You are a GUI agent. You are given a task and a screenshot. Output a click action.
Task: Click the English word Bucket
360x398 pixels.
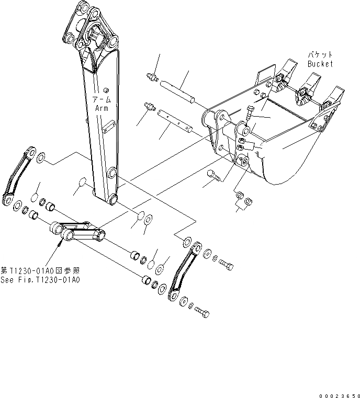320,64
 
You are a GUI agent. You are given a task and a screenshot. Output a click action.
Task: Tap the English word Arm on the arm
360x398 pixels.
101,107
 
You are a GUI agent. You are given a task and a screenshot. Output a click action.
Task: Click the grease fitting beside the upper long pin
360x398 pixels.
152,77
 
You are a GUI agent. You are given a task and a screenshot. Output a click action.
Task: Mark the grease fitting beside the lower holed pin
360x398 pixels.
149,108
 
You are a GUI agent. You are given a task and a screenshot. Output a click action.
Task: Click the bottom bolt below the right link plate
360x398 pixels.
203,312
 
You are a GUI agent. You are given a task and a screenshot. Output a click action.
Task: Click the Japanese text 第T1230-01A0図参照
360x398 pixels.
40,270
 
